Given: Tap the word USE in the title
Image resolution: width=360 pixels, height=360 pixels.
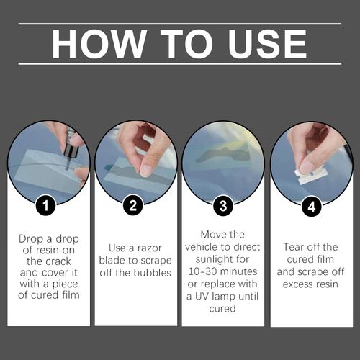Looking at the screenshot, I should (x=263, y=44).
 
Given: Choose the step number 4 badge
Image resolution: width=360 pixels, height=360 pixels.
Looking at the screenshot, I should (x=310, y=206).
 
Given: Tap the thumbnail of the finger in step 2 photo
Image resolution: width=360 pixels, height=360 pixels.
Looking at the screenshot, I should (x=146, y=171).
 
